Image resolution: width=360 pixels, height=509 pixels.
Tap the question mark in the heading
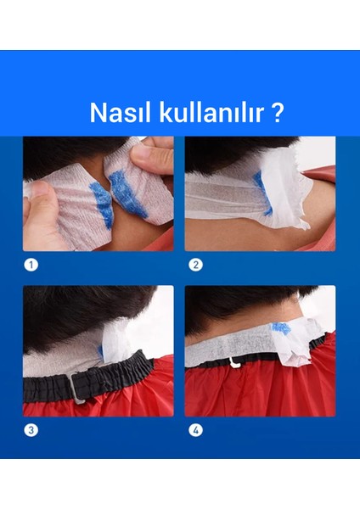click(x=278, y=114)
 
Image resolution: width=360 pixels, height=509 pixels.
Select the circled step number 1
click(x=31, y=265)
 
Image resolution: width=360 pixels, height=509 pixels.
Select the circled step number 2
click(x=195, y=265)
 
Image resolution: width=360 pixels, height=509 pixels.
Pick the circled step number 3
click(x=31, y=429)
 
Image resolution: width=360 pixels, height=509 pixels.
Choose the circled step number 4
click(x=195, y=429)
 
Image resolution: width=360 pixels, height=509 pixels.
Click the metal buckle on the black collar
click(x=76, y=389)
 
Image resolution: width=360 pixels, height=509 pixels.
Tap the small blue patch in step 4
click(x=280, y=328)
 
